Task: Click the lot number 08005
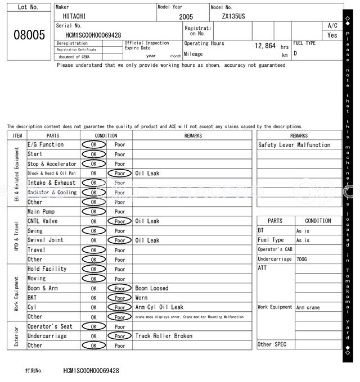coord(29,35)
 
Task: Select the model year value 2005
coord(186,17)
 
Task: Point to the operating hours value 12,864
coord(265,46)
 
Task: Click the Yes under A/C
coord(332,35)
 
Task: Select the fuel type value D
coord(295,53)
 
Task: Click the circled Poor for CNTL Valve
coord(120,221)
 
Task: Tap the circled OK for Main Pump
coord(93,212)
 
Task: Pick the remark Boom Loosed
coord(151,288)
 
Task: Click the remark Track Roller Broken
coord(164,336)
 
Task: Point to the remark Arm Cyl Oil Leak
coord(159,307)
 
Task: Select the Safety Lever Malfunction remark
coord(294,145)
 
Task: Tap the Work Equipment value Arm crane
coord(308,307)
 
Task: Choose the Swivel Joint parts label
coord(46,240)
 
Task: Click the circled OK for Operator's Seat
coord(93,326)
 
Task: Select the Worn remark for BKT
coord(141,298)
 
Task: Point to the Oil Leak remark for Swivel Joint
coord(147,240)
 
